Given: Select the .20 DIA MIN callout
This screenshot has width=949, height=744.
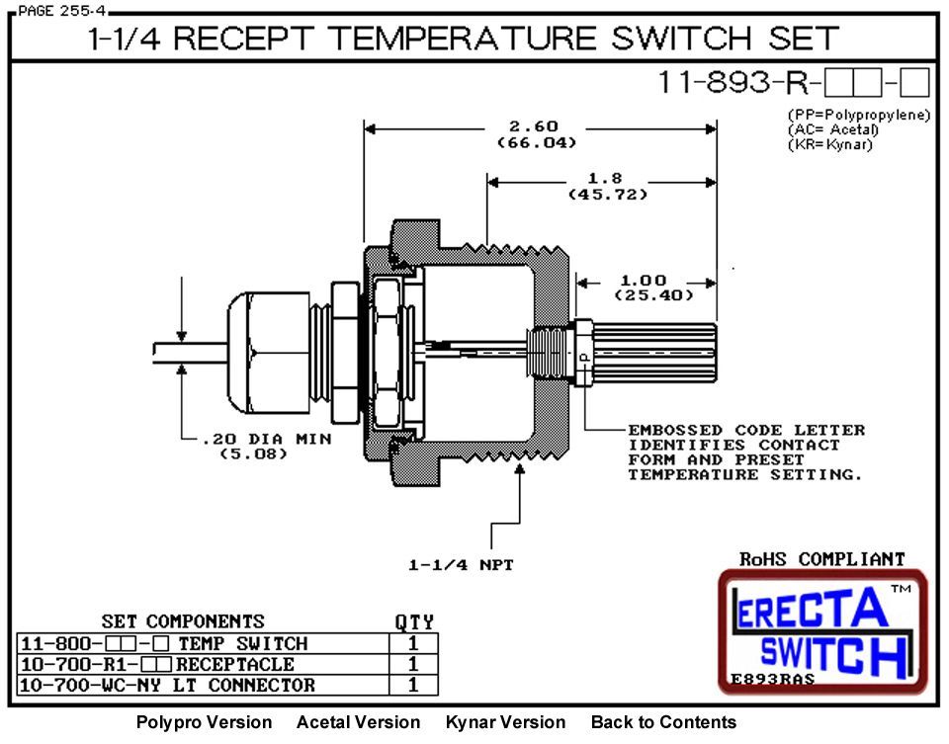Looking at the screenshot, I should point(248,439).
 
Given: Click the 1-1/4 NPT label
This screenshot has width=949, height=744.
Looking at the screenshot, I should point(460,565).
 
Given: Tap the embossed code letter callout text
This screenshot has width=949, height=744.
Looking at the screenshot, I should point(745,452).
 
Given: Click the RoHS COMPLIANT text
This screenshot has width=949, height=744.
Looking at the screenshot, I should point(821,559).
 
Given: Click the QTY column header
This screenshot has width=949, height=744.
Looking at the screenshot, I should point(414,622).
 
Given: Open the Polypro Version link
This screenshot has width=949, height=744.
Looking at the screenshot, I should point(204,722).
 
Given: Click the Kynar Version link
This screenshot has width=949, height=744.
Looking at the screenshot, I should point(505,722).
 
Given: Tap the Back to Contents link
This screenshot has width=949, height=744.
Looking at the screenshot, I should point(663,722).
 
